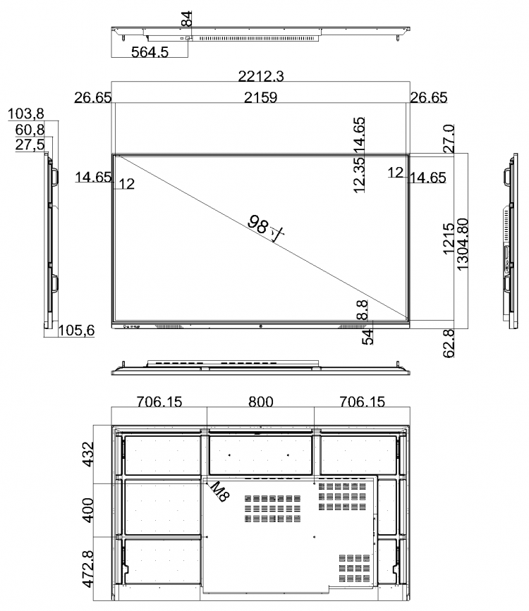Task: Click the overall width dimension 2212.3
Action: coord(261,76)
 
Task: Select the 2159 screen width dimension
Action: coord(260,97)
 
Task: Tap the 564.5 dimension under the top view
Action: coord(150,52)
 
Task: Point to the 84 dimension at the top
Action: coord(188,19)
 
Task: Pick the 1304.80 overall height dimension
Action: coord(462,245)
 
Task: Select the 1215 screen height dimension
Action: coord(449,238)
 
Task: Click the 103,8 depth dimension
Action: coord(26,113)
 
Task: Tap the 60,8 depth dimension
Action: coord(30,130)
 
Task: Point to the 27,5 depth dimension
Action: coord(30,144)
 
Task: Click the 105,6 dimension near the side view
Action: coord(76,331)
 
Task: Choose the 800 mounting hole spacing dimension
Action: coord(261,402)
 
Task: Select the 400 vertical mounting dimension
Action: coord(88,510)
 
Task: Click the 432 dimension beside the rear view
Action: coord(88,454)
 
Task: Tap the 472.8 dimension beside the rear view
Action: coord(88,569)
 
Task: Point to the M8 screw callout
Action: coord(219,491)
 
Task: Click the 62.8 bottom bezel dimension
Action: coord(449,343)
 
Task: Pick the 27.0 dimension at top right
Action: coord(449,139)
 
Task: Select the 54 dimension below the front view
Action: coord(367,338)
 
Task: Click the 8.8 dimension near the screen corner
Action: coord(362,310)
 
